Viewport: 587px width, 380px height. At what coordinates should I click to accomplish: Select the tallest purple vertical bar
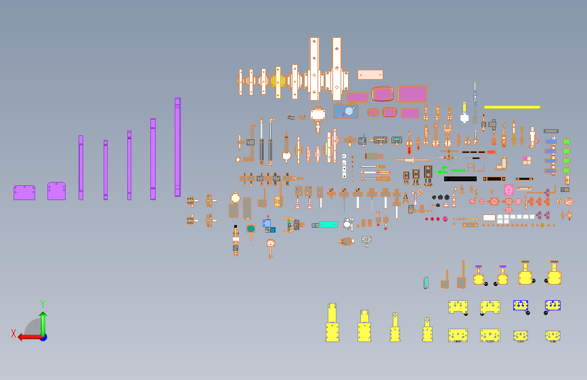[x=177, y=147]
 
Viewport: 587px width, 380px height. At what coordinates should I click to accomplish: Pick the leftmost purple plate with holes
[x=24, y=193]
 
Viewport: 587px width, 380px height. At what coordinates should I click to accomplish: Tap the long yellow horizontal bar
[x=512, y=107]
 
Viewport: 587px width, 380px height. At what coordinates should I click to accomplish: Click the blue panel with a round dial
[x=346, y=112]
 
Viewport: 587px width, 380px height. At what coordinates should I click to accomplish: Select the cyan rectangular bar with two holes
[x=328, y=224]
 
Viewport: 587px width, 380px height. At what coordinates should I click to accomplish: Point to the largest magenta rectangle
[x=412, y=93]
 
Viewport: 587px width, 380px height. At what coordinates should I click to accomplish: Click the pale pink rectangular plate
[x=370, y=74]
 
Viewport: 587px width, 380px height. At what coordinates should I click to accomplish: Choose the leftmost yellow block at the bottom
[x=332, y=325]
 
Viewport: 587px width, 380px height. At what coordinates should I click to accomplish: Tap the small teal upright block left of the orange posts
[x=426, y=282]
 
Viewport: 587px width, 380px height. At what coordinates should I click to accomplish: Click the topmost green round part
[x=566, y=141]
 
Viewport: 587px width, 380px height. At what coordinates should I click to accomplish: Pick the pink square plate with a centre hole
[x=508, y=190]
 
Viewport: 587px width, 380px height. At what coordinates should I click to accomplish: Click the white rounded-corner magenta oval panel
[x=382, y=93]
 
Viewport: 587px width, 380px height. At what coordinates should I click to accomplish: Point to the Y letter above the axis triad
[x=42, y=304]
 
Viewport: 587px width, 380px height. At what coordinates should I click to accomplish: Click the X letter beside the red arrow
[x=14, y=333]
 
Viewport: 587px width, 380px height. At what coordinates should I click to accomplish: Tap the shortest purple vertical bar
[x=106, y=170]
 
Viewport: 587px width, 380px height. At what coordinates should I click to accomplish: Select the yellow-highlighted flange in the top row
[x=278, y=81]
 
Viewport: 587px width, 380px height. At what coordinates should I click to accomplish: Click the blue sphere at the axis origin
[x=43, y=337]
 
